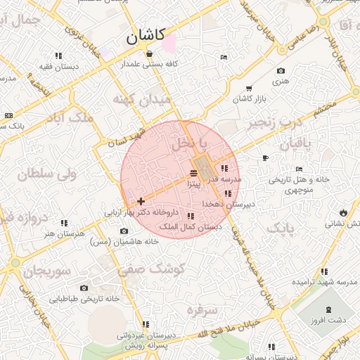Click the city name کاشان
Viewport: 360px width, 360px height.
click(146, 35)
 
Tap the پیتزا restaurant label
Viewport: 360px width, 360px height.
click(194, 184)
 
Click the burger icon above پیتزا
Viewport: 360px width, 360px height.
click(194, 172)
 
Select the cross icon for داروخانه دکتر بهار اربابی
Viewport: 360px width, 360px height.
click(141, 201)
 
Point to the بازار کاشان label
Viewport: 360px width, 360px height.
click(250, 100)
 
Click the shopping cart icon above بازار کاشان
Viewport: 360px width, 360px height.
click(249, 89)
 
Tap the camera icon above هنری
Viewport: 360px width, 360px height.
click(281, 70)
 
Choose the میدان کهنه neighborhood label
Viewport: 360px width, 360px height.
click(141, 101)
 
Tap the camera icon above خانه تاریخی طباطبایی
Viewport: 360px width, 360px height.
click(84, 288)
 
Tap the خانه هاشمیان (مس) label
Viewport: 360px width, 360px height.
click(124, 241)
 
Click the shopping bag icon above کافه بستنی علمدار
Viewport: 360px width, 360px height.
click(149, 54)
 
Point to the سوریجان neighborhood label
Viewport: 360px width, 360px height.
click(46, 271)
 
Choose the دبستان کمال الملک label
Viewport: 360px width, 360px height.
click(191, 226)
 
